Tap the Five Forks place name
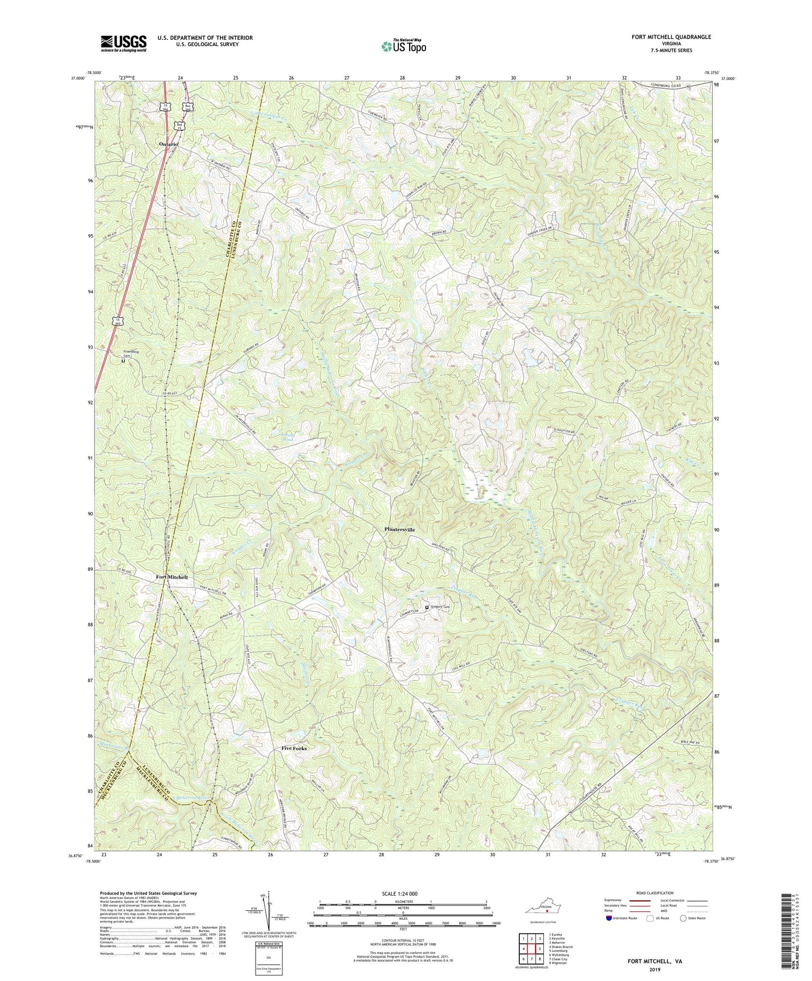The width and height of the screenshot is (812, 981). (x=294, y=748)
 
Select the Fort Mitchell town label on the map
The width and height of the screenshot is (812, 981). (x=171, y=577)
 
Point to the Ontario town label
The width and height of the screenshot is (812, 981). (x=168, y=144)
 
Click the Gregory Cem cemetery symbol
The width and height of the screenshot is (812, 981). (x=427, y=607)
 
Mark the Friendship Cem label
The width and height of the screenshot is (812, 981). (x=132, y=354)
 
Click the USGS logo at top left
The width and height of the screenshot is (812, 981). (x=124, y=43)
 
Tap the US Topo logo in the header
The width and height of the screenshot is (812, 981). (x=403, y=46)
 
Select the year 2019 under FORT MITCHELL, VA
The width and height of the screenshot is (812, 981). (x=655, y=969)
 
